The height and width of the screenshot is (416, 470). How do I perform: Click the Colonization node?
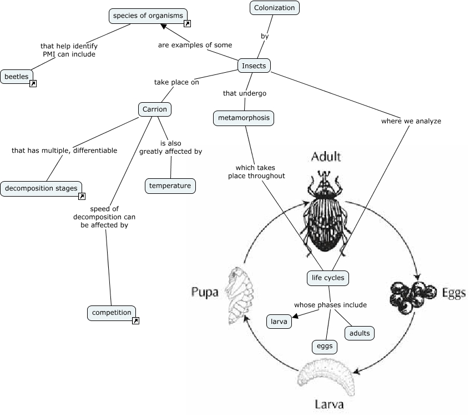point(274,8)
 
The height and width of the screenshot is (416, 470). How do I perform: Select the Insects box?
point(254,66)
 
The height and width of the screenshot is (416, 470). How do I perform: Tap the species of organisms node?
point(148,16)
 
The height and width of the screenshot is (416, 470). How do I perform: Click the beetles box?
point(17,76)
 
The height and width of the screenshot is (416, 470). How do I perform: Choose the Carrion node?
point(154,109)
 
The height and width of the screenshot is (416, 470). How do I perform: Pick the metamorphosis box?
point(244,118)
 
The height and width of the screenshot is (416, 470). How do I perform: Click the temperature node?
point(170,186)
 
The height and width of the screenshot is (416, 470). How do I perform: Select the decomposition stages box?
point(41,188)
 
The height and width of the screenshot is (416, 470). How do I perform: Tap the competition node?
point(112,313)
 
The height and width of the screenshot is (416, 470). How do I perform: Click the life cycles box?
point(328,278)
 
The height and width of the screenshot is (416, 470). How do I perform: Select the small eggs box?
point(324,346)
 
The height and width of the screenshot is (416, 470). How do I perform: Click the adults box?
point(359,333)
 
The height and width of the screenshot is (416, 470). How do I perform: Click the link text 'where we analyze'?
point(411,121)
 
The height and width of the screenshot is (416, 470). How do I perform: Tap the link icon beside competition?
point(136,320)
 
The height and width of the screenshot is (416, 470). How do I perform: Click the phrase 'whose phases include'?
point(330,304)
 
